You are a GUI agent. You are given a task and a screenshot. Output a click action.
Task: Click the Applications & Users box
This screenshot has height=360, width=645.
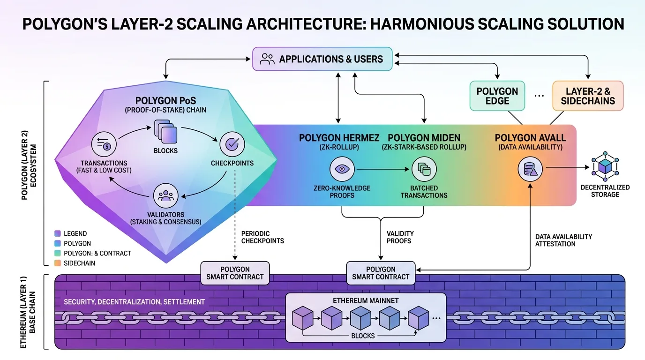pos(322,59)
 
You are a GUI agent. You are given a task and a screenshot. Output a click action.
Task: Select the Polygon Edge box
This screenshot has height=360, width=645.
pos(497,96)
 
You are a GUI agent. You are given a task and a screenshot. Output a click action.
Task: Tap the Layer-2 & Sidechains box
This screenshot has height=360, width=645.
pos(588,96)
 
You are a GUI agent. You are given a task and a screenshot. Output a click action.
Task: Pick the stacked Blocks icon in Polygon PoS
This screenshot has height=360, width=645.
pos(166,131)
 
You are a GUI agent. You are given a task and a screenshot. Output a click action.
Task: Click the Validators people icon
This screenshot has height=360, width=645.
pos(165,195)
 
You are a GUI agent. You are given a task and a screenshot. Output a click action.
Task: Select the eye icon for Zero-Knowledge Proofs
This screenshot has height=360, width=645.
pos(342,168)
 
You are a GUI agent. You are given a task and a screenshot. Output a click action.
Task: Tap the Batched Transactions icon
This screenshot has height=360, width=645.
pos(424,168)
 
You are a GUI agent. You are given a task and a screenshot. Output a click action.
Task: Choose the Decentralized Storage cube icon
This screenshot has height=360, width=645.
pos(605,166)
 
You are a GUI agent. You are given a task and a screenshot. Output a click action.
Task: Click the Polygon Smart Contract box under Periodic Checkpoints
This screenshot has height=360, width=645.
pos(235,273)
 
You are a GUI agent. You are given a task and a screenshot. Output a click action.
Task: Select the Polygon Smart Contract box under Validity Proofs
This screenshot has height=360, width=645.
pos(381,273)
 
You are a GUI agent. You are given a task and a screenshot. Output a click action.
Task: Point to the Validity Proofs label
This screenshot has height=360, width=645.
pos(400,237)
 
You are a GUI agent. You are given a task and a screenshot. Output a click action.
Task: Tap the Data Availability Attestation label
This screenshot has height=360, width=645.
pos(563,240)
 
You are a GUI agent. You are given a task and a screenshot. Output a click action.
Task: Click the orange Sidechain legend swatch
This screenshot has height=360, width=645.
pos(58,263)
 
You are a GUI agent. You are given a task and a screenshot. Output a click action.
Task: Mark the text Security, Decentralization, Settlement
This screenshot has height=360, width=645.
pos(134,302)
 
